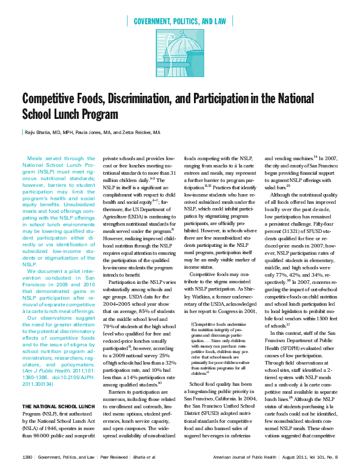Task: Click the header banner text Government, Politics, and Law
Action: (x=179, y=21)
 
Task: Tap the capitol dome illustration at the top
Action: (x=179, y=58)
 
